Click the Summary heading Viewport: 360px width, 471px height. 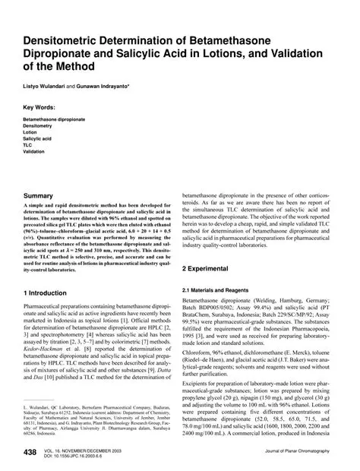click(x=42, y=196)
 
